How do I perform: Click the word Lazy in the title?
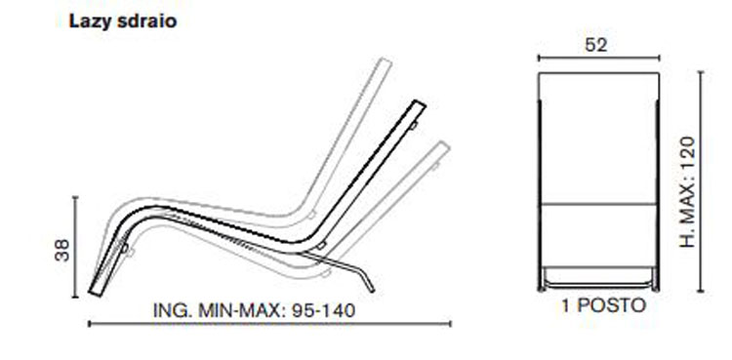(86, 21)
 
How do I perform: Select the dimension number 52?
(594, 44)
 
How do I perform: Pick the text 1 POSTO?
(602, 305)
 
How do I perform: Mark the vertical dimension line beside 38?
(75, 244)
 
